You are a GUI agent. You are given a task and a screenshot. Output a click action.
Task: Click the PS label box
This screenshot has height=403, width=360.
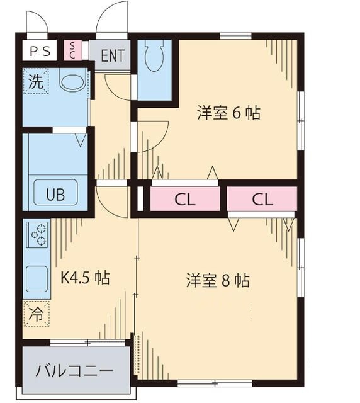pos(40,50)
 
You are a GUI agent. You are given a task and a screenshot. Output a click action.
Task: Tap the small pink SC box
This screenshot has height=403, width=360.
pos(72,50)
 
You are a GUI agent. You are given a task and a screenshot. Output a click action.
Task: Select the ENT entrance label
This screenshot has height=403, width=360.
pos(112,55)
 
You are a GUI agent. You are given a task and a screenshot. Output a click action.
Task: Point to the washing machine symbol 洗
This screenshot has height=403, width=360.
pos(36,81)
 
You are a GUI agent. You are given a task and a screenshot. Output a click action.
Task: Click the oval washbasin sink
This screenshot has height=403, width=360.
pos(72,82)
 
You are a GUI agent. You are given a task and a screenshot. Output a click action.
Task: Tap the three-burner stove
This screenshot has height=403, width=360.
pos(37,235)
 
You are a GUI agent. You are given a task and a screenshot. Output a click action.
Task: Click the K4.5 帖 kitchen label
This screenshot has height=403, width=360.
pos(84,278)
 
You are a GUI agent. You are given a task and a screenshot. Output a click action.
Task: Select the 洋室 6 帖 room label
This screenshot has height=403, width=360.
pos(228,114)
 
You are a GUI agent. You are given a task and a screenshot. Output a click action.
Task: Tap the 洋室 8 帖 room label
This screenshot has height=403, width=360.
pos(217,280)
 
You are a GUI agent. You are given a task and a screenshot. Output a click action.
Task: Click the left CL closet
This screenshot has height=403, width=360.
pos(185,200)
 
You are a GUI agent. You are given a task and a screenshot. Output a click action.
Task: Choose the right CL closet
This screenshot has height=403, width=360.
pos(262,200)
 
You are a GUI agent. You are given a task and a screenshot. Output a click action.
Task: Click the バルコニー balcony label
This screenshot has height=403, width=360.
pos(74,370)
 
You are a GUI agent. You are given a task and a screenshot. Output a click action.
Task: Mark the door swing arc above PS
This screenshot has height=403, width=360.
pos(37,21)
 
